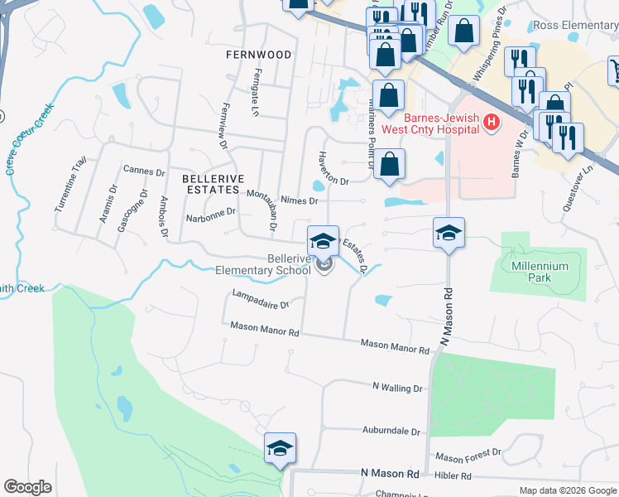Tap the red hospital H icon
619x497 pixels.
click(492, 123)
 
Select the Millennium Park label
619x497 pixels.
click(540, 272)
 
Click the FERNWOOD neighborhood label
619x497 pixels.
click(259, 55)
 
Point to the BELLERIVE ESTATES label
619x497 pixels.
click(211, 184)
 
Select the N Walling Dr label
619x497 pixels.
click(397, 387)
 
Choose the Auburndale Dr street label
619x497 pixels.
click(391, 432)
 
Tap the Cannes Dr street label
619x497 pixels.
click(143, 171)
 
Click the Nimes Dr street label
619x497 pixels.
click(299, 200)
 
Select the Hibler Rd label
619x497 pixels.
click(454, 476)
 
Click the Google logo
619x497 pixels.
click(28, 486)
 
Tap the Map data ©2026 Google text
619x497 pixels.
click(568, 490)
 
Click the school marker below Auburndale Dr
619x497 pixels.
click(281, 448)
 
